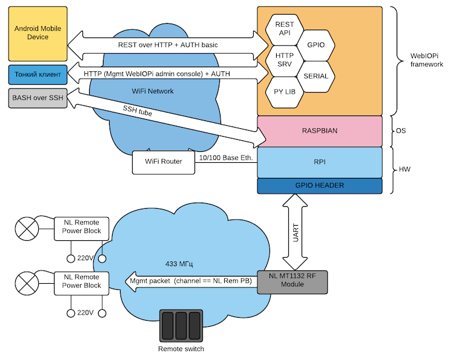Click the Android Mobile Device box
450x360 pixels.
(36, 33)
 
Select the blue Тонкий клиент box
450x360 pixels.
(36, 74)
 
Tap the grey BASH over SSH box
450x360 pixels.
(36, 97)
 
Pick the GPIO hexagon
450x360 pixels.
(316, 45)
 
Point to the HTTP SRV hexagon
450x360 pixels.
(284, 61)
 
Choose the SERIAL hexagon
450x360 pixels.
(316, 76)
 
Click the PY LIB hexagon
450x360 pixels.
(284, 92)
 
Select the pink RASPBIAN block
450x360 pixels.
(320, 131)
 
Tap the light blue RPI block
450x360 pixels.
(320, 162)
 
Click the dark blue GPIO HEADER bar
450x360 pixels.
(320, 186)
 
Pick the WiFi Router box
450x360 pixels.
(164, 162)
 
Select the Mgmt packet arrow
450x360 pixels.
(188, 281)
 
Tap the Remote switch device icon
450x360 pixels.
(180, 326)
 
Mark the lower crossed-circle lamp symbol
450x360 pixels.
(26, 282)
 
